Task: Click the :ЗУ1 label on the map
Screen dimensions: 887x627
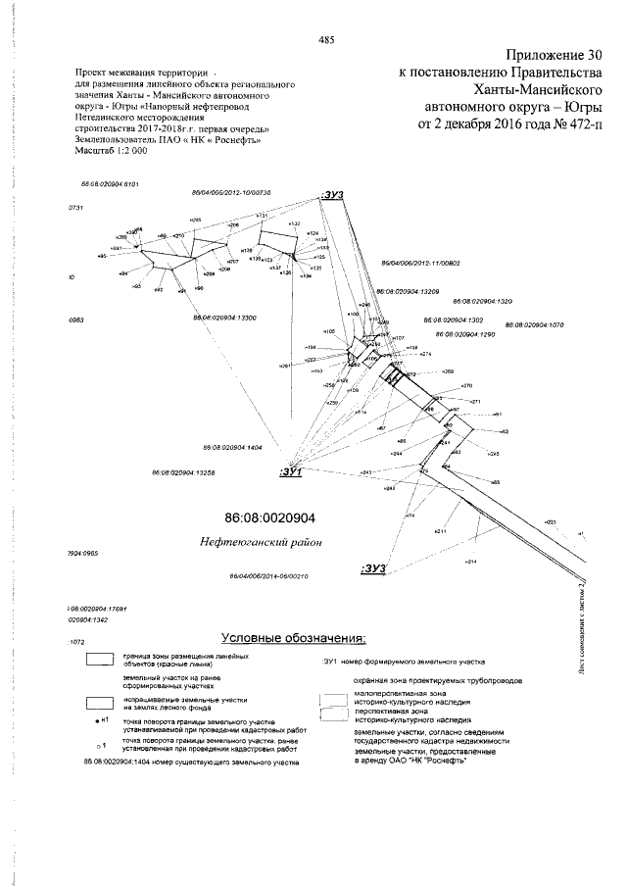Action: click(293, 472)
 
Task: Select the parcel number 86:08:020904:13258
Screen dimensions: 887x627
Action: click(184, 472)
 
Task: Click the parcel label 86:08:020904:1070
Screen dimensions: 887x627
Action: click(535, 324)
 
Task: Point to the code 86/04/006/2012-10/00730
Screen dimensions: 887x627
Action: click(230, 193)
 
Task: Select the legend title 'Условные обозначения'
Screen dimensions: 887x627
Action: click(295, 639)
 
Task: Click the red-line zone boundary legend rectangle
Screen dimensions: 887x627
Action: click(100, 660)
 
